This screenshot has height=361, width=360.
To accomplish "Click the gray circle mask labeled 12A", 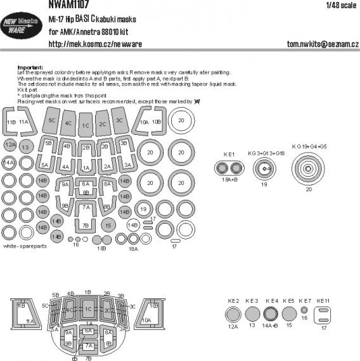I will click(x=10, y=146).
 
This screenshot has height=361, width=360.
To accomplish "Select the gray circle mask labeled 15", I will click(x=109, y=225).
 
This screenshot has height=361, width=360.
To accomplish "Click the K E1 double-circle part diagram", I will click(x=229, y=168).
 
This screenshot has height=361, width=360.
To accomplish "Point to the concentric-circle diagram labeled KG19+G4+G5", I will click(x=310, y=170).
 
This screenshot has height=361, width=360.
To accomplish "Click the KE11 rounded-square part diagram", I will click(x=324, y=314).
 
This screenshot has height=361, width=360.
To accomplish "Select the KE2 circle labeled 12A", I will click(x=233, y=314).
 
